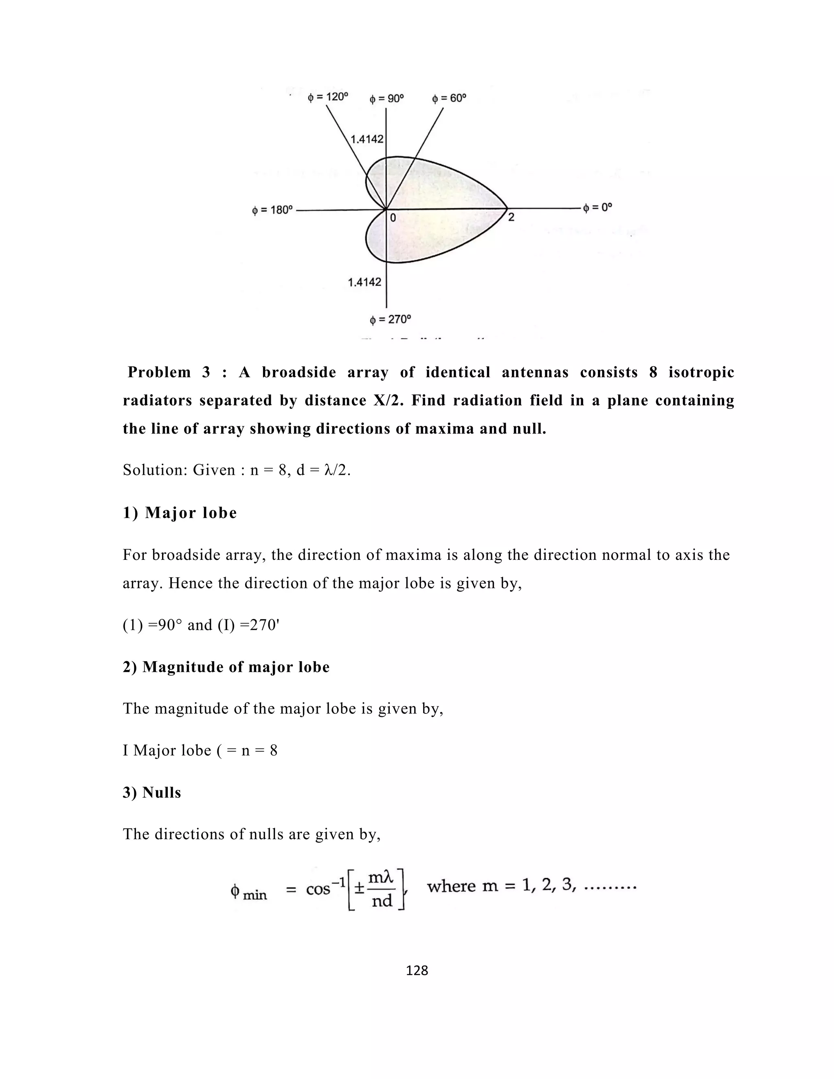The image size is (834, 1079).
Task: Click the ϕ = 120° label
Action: pyautogui.click(x=327, y=97)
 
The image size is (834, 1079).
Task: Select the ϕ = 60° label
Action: pyautogui.click(x=449, y=98)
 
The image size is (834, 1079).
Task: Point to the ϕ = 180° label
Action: pyautogui.click(x=272, y=211)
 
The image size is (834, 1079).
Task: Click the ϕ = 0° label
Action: pyautogui.click(x=597, y=208)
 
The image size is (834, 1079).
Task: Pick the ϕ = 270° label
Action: pyautogui.click(x=390, y=320)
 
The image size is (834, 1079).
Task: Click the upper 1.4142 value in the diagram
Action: pyautogui.click(x=367, y=139)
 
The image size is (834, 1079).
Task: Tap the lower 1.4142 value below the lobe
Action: pyautogui.click(x=364, y=282)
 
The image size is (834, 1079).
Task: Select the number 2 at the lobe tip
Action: pyautogui.click(x=511, y=217)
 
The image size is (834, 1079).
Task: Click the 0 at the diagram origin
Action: pyautogui.click(x=393, y=217)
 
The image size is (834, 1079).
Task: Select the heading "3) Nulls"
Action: pyautogui.click(x=151, y=792)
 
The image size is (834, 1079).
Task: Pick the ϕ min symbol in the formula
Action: pyautogui.click(x=248, y=892)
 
